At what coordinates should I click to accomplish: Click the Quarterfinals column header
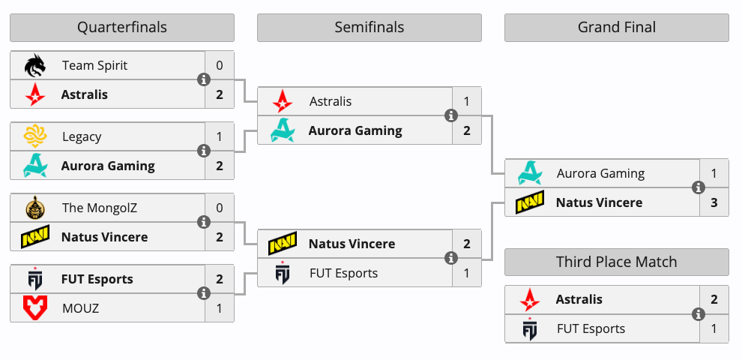click(121, 28)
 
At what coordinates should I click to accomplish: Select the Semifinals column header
click(369, 28)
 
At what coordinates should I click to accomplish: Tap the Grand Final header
click(616, 28)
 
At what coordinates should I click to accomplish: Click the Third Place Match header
click(616, 262)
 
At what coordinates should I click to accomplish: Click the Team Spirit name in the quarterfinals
click(94, 65)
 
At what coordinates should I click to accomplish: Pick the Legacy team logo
click(35, 136)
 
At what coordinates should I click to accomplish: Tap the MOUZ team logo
click(35, 307)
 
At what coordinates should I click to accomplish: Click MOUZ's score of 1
click(220, 307)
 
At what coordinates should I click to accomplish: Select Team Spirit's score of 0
click(220, 65)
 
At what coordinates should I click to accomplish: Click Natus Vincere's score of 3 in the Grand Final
click(714, 202)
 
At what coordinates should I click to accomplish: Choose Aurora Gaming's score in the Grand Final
click(714, 173)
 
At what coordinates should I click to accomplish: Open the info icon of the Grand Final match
click(699, 187)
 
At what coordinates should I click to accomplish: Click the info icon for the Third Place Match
click(699, 314)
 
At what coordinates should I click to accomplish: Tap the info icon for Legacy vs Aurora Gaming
click(203, 151)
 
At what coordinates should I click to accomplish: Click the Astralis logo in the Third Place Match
click(530, 300)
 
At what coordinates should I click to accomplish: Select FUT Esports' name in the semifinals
click(343, 273)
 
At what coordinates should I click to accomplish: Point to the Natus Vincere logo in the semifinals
click(283, 244)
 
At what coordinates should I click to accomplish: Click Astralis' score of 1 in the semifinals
click(467, 101)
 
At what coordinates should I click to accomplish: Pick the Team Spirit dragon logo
click(35, 66)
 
